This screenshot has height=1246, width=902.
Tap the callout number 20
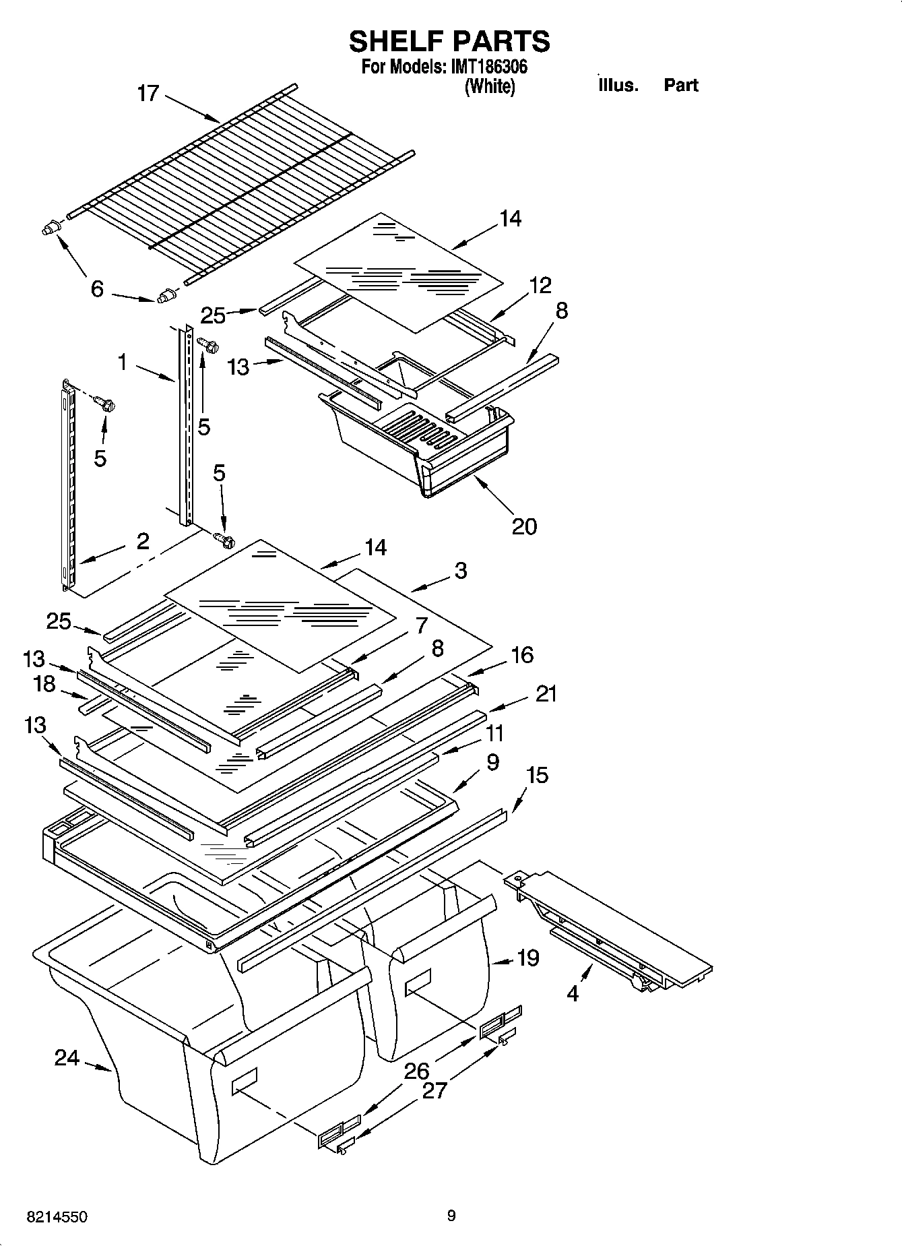point(524,526)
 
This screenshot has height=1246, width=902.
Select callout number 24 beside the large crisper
point(67,1059)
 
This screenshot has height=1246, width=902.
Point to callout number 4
point(573,993)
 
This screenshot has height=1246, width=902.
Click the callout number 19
point(528,958)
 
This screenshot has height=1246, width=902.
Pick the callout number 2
point(142,541)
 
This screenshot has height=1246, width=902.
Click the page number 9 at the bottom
point(451,1216)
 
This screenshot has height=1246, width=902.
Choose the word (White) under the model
point(490,86)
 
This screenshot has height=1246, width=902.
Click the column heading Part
point(680,85)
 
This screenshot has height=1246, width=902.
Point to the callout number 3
point(460,571)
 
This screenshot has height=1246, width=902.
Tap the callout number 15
point(537,775)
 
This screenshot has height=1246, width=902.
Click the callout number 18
point(44,684)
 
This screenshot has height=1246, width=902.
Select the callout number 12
point(540,285)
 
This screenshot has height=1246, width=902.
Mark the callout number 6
point(97,289)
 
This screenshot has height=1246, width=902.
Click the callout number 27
point(434,1090)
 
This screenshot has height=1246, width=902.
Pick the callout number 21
point(546,693)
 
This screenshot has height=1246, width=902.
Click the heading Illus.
point(617,85)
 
